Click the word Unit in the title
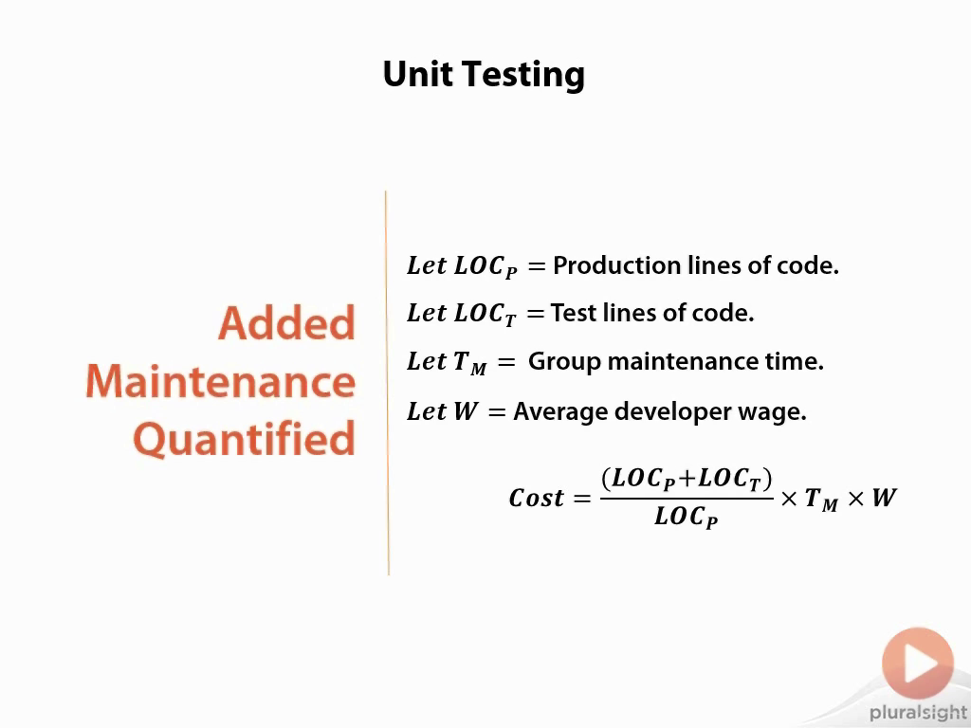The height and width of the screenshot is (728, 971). coord(418,74)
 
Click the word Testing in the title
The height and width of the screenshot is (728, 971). coord(523,76)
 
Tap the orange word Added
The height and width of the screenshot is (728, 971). coord(286,322)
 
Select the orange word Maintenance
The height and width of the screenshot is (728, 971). coord(220,381)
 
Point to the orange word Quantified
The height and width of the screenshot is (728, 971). coord(245,439)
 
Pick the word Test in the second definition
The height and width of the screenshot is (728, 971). coord(574,313)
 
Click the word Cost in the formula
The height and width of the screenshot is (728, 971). coord(537,498)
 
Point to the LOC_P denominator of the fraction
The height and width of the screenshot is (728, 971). coord(687,517)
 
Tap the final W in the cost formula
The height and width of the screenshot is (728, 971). coord(884,497)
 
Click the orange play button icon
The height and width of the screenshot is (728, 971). coord(918,663)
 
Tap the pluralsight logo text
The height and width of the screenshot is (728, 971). coord(918,713)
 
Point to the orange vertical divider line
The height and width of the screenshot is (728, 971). coord(387,383)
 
